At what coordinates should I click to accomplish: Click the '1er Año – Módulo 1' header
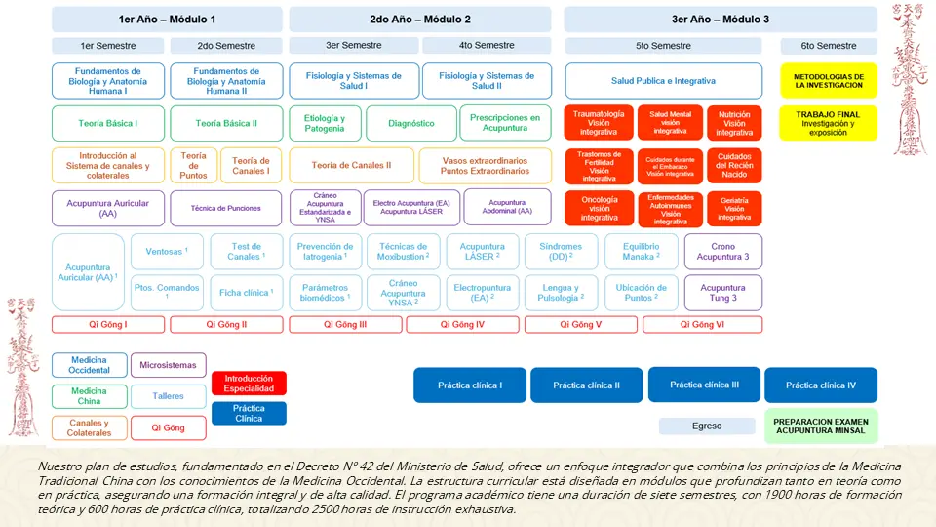coord(167,20)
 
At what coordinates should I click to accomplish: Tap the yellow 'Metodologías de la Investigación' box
coord(828,81)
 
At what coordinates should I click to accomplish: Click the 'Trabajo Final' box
coord(828,123)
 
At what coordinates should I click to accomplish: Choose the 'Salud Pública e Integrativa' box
coord(663,81)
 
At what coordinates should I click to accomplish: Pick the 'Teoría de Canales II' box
coord(351,166)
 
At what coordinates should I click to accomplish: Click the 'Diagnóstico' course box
coord(410,124)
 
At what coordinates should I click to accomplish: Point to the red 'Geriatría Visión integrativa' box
coord(734,209)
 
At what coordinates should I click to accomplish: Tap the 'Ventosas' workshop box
coord(167,252)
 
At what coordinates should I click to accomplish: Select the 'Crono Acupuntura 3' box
coord(722,252)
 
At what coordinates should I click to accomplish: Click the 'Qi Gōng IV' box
coord(465,325)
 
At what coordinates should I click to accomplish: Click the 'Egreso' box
coord(707,426)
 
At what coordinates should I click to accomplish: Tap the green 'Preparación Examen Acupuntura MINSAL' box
coord(822,426)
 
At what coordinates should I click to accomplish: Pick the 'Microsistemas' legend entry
coord(168,365)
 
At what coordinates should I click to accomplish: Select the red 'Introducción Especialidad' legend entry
coord(249,384)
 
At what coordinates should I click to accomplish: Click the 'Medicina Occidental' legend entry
coord(90,365)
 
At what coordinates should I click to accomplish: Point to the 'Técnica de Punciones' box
coord(226,209)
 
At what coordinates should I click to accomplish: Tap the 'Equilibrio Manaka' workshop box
coord(641,252)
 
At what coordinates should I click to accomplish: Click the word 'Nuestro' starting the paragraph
coord(55,467)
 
